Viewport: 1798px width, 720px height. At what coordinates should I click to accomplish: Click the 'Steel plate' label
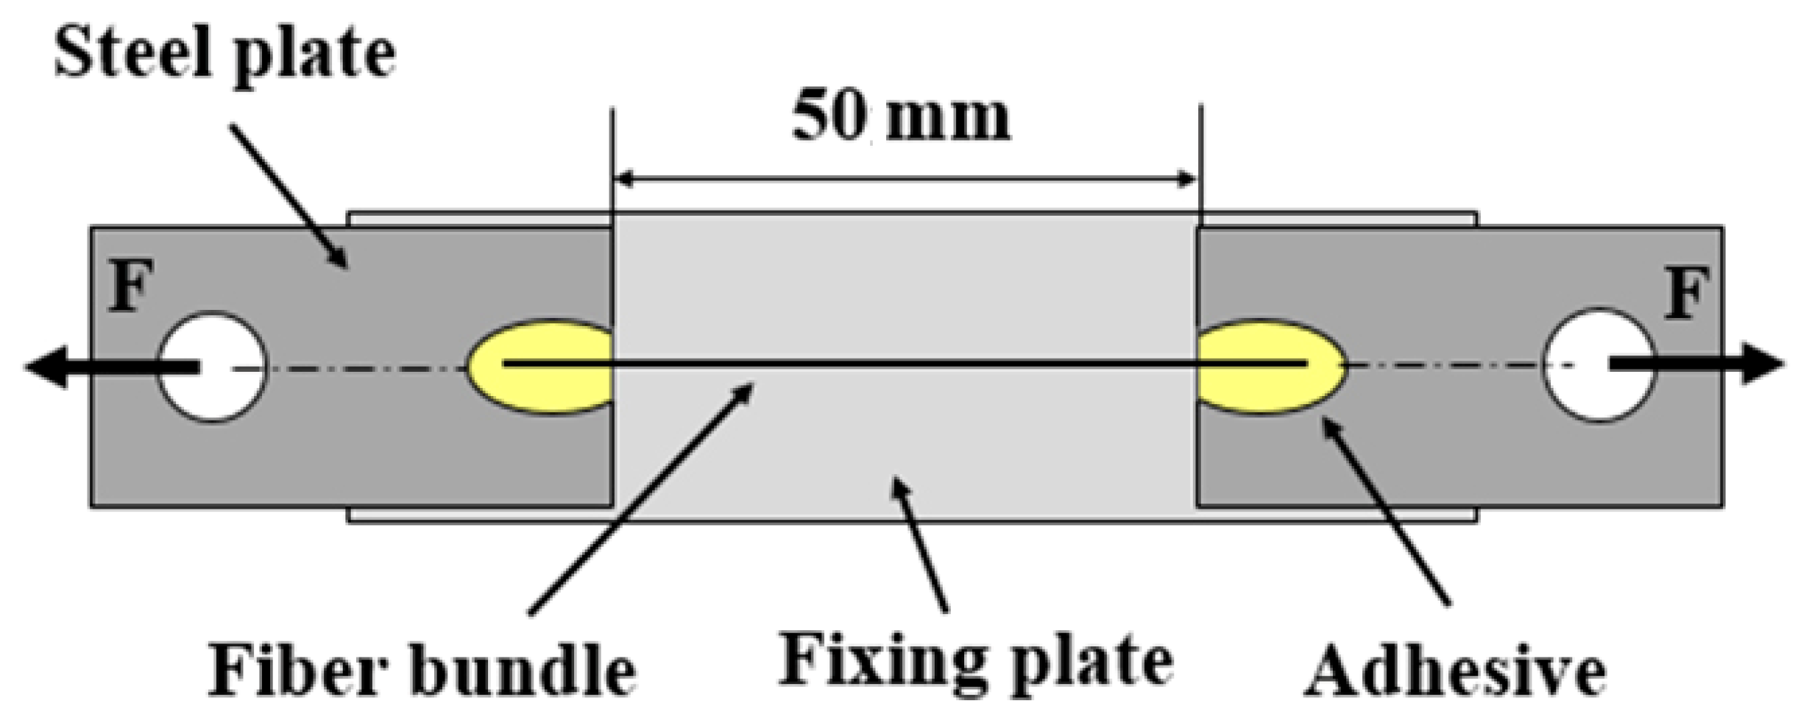[x=224, y=55]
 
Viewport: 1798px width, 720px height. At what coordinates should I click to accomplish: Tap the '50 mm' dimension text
[x=901, y=118]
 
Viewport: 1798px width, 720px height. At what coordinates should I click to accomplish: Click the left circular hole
[x=213, y=367]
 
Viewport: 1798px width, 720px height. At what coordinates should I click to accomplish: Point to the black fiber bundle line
[x=905, y=364]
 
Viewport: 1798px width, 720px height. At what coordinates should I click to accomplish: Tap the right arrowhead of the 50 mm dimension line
[x=1186, y=179]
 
